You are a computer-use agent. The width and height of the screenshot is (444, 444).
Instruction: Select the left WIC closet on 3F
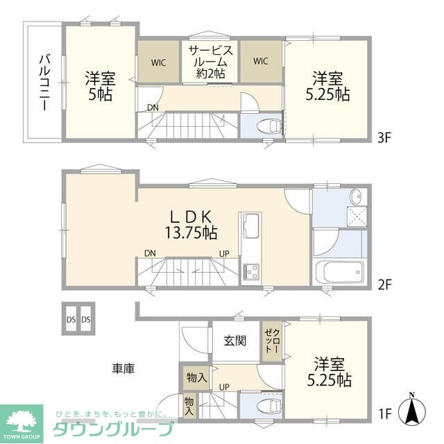coord(159,62)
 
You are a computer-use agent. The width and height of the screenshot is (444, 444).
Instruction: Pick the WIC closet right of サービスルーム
coord(261,62)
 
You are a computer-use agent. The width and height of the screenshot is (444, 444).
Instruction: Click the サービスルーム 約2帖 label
coord(210,62)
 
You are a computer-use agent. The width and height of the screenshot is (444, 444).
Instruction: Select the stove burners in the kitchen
coord(250,270)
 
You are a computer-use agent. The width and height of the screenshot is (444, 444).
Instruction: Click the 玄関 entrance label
coord(234,341)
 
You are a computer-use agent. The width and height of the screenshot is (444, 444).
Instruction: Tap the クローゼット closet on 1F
coord(271,342)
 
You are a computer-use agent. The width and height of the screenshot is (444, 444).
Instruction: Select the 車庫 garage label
coord(121,368)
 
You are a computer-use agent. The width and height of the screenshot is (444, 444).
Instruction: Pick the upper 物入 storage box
coord(197,378)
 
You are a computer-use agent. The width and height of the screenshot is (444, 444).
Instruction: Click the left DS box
coord(71,320)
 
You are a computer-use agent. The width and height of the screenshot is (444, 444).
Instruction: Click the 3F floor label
coord(385,137)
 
